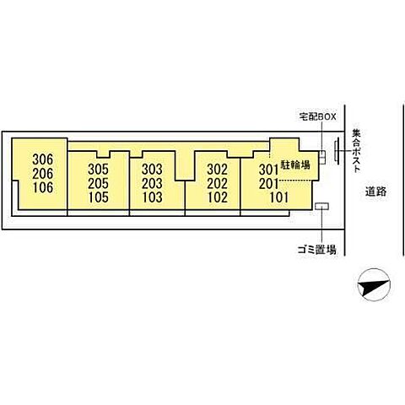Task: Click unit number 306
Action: [42, 159]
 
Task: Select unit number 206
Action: [42, 174]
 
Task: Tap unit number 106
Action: [43, 187]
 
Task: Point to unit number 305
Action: [98, 170]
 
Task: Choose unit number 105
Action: [98, 197]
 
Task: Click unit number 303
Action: [152, 170]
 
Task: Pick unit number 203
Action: [152, 183]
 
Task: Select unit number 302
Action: [217, 170]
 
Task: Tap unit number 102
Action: [218, 197]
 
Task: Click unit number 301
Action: [268, 170]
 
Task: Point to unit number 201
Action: [268, 184]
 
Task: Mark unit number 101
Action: [279, 197]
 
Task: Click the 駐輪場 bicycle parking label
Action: [295, 165]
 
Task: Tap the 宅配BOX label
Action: [317, 116]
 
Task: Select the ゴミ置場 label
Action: [317, 250]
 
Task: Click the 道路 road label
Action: [375, 192]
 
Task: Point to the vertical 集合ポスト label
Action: [356, 150]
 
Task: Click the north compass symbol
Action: [374, 285]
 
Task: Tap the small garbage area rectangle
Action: [321, 206]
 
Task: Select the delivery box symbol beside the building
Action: [322, 157]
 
